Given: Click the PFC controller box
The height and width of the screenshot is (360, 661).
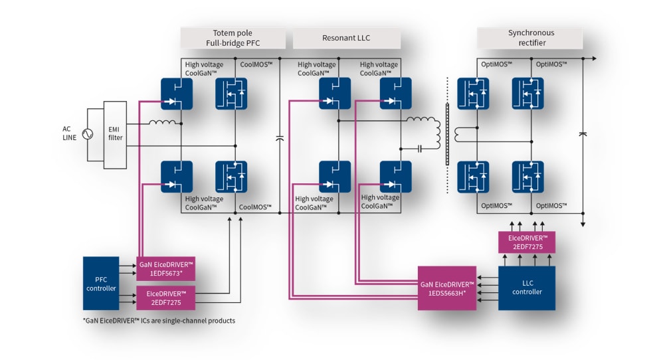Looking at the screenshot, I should tap(101, 283).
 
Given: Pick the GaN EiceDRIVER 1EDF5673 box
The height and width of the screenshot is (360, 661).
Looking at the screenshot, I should tap(165, 269).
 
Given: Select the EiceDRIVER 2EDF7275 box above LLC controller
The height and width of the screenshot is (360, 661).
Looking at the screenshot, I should tap(527, 242).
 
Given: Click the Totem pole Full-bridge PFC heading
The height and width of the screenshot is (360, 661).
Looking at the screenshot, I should tap(233, 39).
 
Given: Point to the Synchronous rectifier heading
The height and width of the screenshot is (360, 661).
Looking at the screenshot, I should tap(530, 39).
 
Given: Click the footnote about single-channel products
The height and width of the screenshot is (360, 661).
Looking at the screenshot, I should tap(159, 321).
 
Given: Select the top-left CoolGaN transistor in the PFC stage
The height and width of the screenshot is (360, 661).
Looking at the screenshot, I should tap(177, 94).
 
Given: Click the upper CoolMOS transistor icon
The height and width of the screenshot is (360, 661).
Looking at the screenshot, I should tap(231, 94).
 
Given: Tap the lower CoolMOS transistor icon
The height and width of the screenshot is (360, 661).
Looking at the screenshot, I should tap(231, 177).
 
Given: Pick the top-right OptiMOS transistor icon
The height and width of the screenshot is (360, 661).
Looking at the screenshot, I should tap(527, 94).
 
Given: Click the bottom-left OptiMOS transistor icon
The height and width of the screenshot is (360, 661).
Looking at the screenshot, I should tap(474, 177).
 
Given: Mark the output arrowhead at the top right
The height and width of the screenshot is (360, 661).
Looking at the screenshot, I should tap(593, 58).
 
